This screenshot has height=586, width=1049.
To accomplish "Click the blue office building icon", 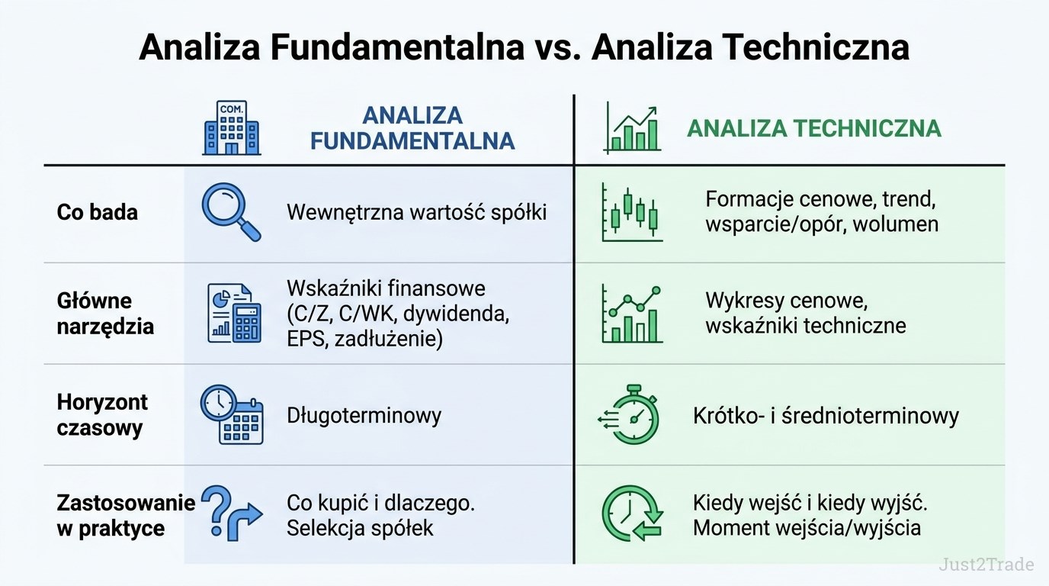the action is click(232, 127).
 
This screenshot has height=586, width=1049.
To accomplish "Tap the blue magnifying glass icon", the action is click(230, 211).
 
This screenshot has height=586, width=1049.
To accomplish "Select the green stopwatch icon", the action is click(630, 414).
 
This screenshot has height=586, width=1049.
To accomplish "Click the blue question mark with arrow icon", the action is click(231, 513).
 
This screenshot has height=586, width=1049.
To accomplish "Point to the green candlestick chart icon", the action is click(632, 212).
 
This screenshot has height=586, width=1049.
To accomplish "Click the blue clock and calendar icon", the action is click(232, 414).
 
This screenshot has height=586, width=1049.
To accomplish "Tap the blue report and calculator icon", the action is click(234, 313).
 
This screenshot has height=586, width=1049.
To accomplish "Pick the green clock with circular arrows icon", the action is click(632, 513).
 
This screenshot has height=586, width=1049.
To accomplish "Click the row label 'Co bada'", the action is click(98, 212).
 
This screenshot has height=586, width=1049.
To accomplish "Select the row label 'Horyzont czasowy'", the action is click(102, 415).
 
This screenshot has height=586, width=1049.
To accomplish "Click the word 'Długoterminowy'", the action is click(364, 416).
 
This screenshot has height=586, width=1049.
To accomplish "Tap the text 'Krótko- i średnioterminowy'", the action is click(826, 416).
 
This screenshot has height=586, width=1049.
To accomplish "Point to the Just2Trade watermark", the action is click(986, 565).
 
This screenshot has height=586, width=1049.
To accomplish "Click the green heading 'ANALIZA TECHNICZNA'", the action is click(814, 128).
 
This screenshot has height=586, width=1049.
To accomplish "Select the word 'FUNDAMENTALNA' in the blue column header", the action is click(412, 141).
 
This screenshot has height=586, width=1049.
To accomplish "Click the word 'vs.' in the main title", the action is click(558, 47).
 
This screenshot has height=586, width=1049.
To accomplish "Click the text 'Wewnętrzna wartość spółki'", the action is click(417, 212).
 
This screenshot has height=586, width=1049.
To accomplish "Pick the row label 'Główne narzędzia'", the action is click(105, 314).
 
